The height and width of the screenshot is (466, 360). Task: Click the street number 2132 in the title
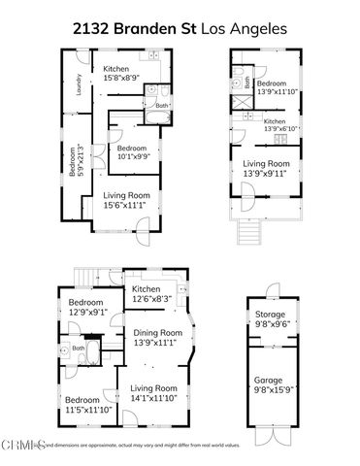pyautogui.click(x=93, y=29)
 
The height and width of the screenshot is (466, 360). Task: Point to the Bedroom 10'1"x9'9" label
pyautogui.click(x=132, y=154)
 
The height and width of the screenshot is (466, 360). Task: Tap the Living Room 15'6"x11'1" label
pyautogui.click(x=127, y=200)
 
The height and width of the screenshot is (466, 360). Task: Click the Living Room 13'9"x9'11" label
pyautogui.click(x=267, y=168)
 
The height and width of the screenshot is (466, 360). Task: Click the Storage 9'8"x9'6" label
pyautogui.click(x=270, y=320)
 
